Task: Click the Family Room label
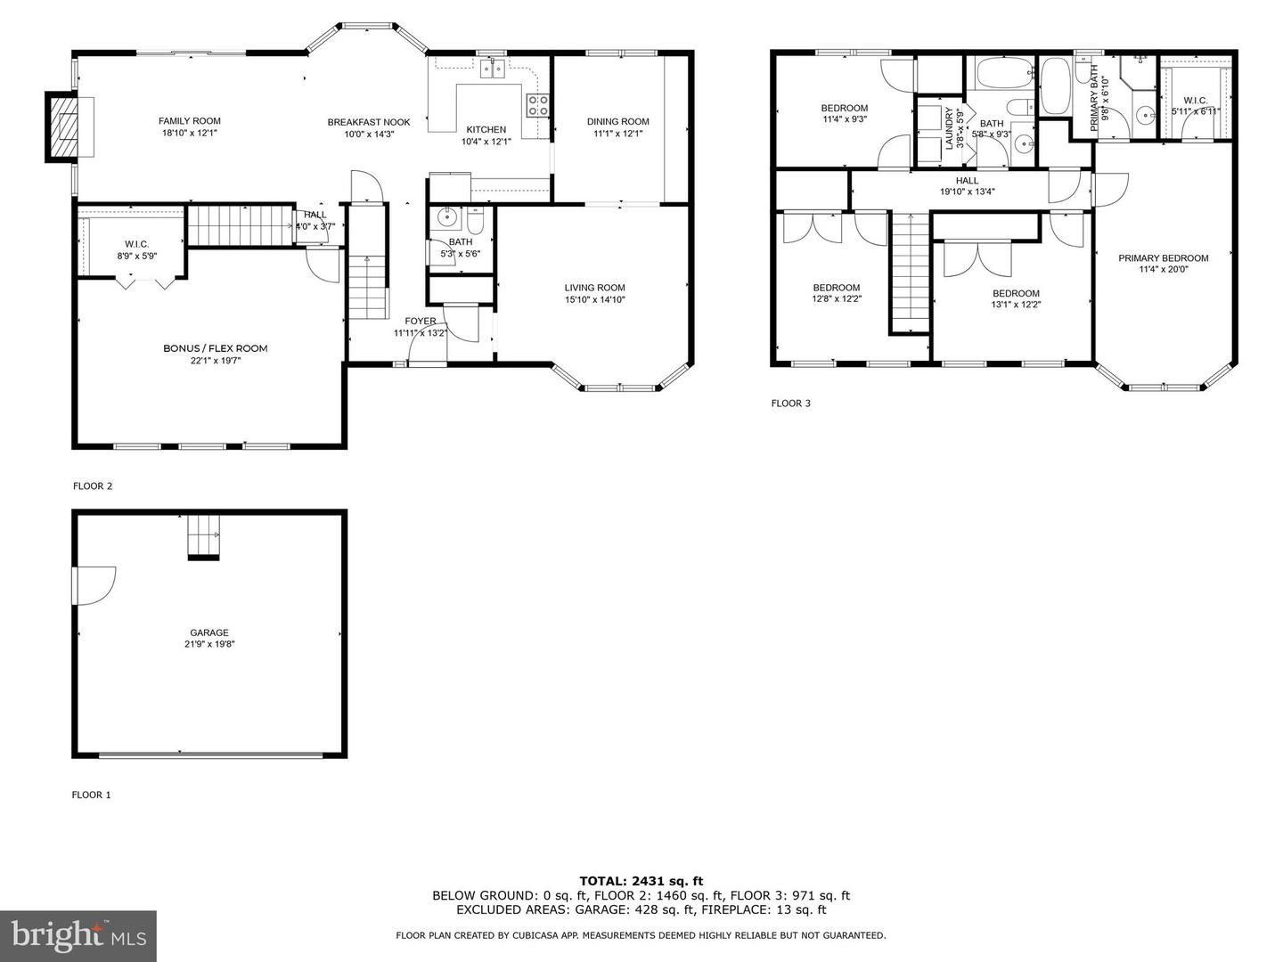point(190,121)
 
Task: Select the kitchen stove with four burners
point(537,105)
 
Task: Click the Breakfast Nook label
point(368,122)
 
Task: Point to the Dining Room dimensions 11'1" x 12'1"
point(617,134)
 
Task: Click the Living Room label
point(594,288)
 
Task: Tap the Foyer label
point(421,321)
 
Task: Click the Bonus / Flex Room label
point(215,348)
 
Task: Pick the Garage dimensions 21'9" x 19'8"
point(209,644)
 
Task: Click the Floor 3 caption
point(790,404)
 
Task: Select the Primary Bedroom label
point(1164,258)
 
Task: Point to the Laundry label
point(949,128)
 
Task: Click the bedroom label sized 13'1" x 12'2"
point(1016,293)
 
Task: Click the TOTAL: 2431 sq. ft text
point(641,881)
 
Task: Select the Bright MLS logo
point(78,935)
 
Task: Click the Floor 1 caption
point(92,795)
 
